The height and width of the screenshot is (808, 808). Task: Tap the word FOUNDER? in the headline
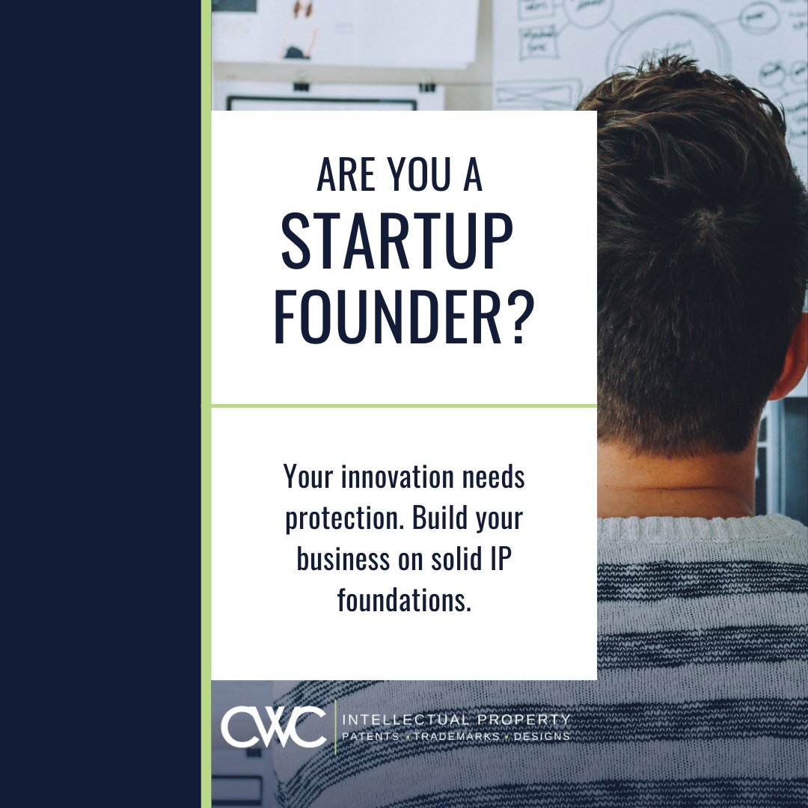(403, 319)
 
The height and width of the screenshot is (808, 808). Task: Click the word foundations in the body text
(404, 600)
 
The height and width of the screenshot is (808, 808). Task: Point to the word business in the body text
(337, 559)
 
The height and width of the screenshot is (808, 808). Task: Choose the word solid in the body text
(447, 559)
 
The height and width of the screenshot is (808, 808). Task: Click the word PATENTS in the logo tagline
(370, 736)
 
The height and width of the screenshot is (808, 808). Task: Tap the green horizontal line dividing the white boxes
(404, 406)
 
